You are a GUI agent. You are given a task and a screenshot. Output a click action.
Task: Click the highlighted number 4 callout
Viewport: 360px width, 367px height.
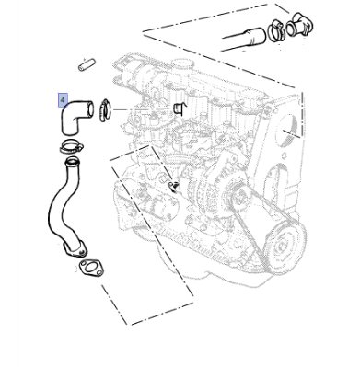point(63,100)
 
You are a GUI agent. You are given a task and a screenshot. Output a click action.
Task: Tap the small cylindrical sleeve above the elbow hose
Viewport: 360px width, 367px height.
point(87,65)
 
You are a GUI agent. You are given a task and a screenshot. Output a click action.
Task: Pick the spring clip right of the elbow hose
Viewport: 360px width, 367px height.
point(105,110)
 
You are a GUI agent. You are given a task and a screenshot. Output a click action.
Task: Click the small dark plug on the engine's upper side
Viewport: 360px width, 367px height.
point(180,109)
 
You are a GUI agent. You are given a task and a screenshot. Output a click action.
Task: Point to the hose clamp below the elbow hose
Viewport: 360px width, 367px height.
point(72,147)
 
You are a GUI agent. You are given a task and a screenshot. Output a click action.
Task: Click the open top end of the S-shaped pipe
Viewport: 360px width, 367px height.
point(72,160)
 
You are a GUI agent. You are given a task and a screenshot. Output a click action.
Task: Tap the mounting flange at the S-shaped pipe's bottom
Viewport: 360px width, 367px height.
point(75,249)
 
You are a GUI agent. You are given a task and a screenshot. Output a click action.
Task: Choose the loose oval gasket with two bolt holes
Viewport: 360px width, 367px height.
point(90,268)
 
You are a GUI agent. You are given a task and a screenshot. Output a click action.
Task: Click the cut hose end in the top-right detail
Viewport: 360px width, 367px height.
point(257,36)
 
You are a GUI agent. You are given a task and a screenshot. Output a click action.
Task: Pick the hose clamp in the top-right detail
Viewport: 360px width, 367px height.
point(277,30)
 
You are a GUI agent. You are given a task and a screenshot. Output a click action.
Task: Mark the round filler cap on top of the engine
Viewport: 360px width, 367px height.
point(183,64)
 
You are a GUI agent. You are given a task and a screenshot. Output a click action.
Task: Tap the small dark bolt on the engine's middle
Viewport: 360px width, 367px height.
point(174,186)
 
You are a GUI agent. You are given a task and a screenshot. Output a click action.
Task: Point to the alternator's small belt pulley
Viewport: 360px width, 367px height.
point(240,196)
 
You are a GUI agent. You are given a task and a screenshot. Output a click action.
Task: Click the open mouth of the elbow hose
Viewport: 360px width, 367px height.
point(89,109)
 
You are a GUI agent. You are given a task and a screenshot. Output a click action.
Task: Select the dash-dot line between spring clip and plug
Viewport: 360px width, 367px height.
point(142,109)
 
